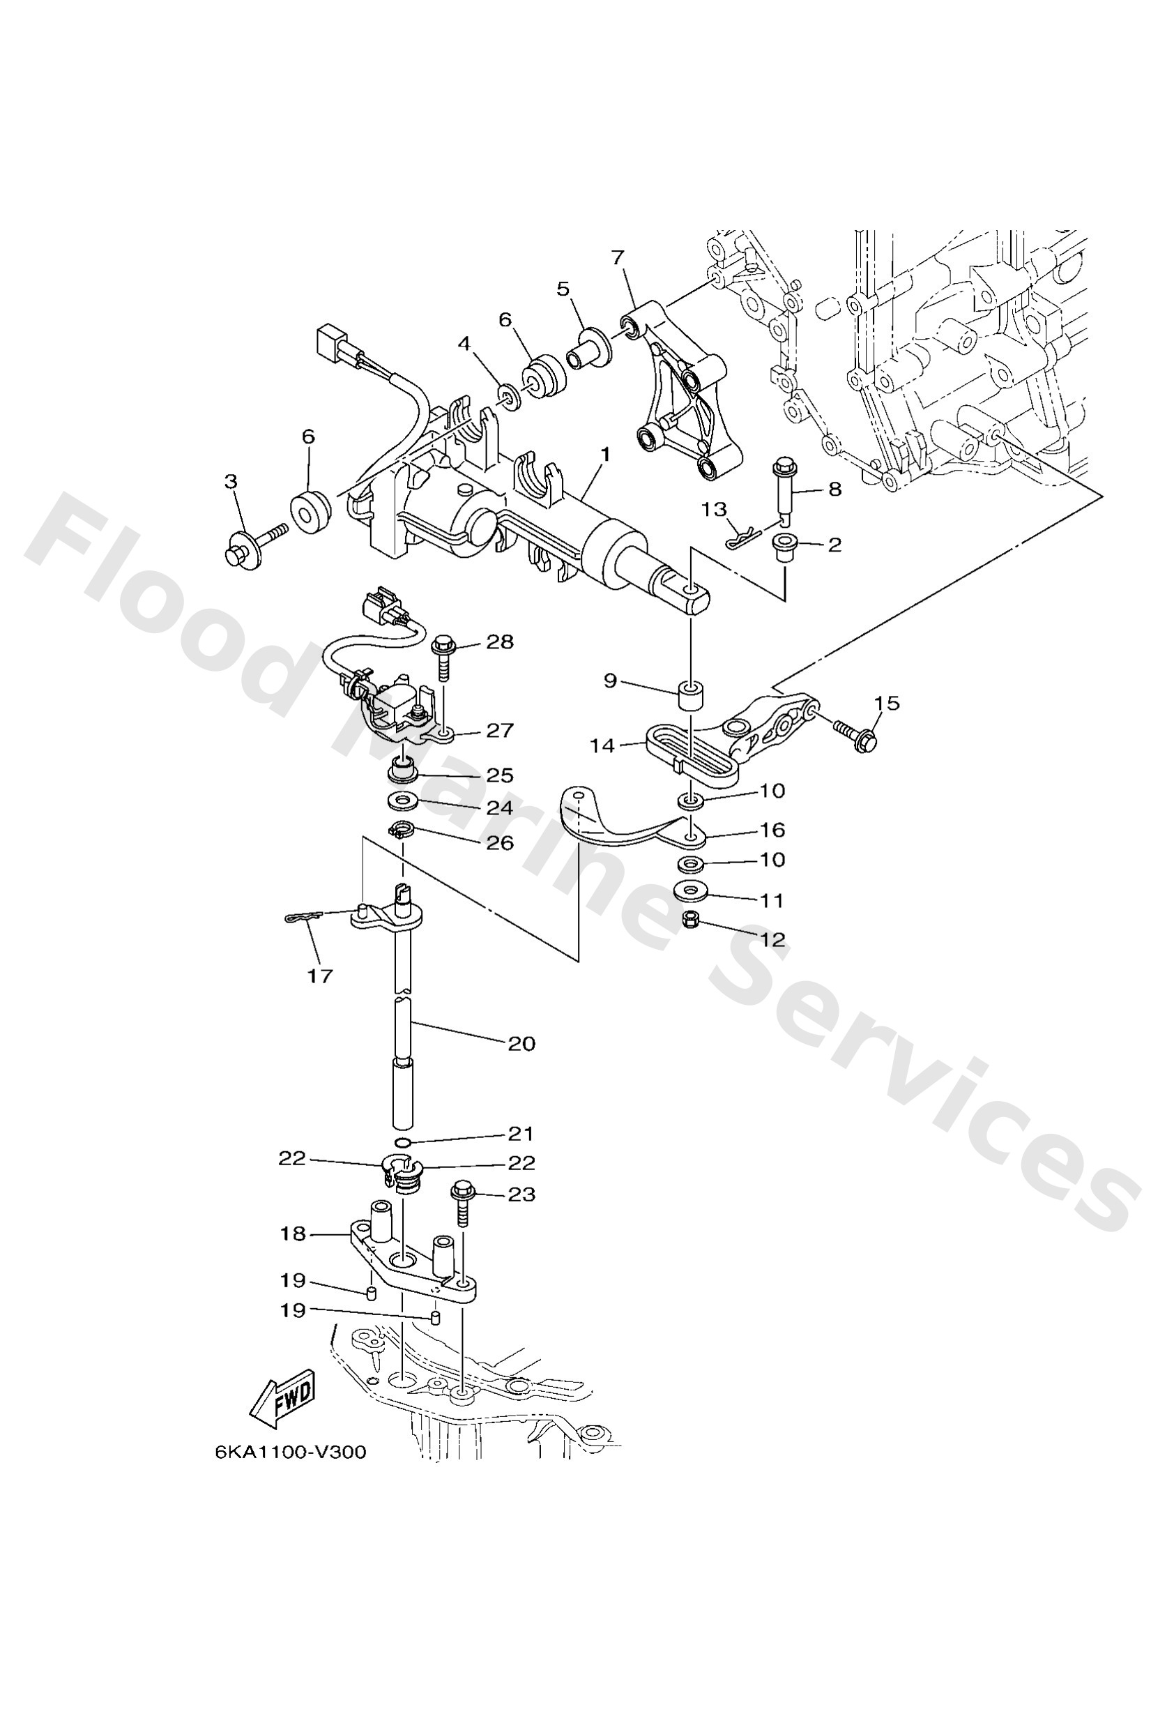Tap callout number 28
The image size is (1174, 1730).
[x=500, y=642]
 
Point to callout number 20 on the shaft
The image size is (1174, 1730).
[x=521, y=1044]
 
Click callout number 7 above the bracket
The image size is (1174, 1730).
[x=617, y=258]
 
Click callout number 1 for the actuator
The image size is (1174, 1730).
[x=605, y=454]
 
